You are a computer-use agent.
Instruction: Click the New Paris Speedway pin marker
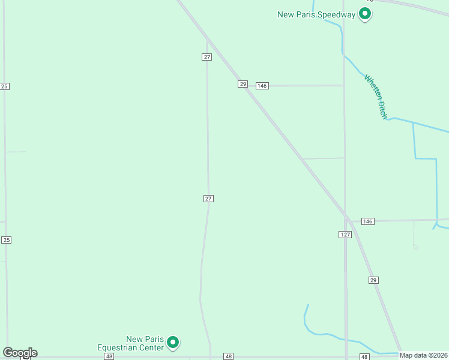pos(364,14)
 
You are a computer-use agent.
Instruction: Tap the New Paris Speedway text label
pos(316,14)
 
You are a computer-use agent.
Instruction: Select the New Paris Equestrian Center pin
pos(173,343)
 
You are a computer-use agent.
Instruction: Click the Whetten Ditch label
pos(376,97)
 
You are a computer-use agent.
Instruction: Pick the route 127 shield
pos(345,235)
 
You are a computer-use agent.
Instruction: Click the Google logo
pos(20,352)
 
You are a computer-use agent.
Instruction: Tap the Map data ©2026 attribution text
pos(424,355)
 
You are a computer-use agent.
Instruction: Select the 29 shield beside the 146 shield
pos(243,85)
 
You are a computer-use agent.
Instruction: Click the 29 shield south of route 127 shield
pos(373,280)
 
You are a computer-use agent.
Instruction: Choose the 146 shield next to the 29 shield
pos(262,86)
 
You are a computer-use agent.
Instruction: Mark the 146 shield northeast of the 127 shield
pos(368,221)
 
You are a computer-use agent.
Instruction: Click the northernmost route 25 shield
pos(5,86)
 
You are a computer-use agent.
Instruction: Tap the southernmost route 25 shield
pos(6,240)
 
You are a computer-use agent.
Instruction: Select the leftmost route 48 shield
pos(109,356)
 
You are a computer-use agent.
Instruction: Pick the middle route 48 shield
pos(228,356)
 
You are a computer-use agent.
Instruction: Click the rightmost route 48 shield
pos(364,356)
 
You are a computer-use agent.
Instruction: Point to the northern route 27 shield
pos(206,57)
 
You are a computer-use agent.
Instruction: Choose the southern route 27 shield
pos(208,199)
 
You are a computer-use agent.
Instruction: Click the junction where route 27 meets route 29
pos(207,41)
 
